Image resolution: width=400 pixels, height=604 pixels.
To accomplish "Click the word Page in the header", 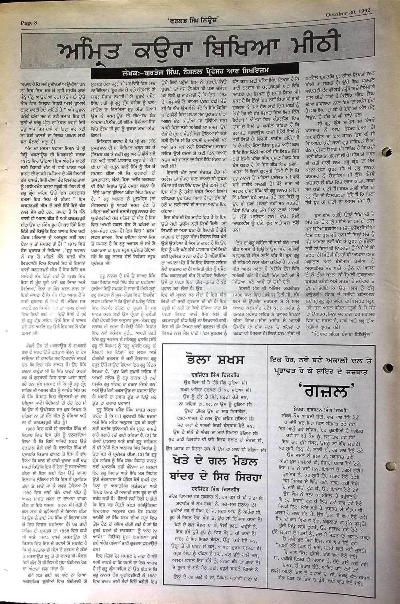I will point(27,23).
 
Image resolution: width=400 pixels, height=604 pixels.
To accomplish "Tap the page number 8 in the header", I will point(35,23).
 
